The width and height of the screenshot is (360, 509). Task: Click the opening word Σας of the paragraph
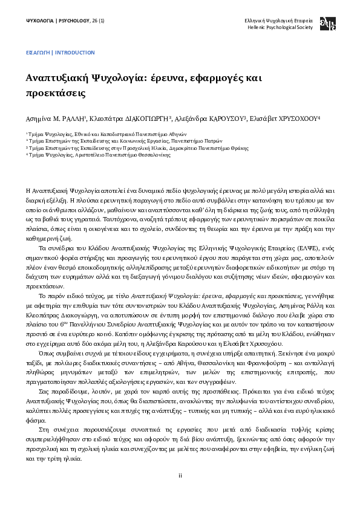43,374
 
